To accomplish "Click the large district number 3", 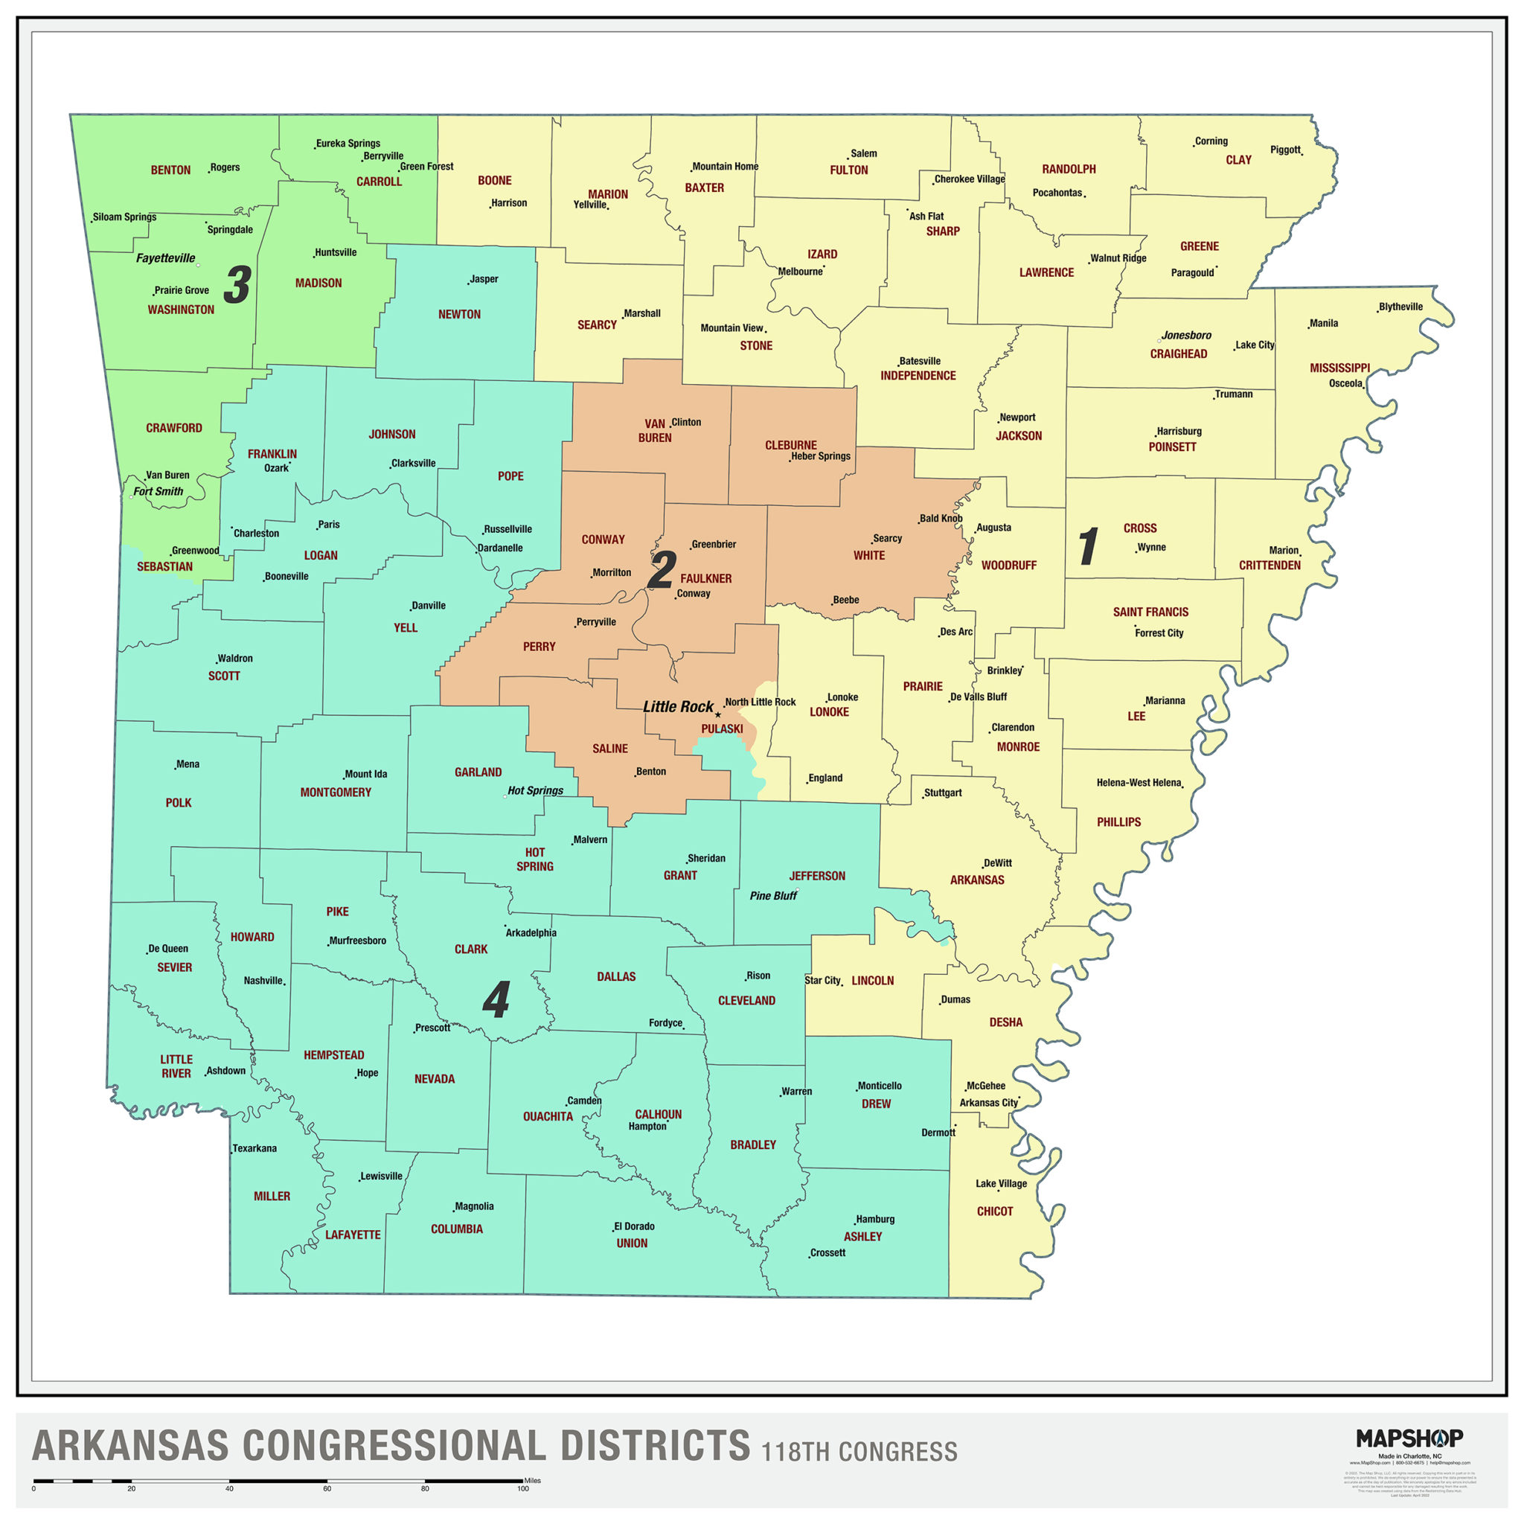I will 237,285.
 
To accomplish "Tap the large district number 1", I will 1088,546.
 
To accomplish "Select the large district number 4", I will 496,1000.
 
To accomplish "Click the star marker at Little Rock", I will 718,714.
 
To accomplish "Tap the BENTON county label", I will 170,170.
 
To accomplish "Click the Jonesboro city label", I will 1185,336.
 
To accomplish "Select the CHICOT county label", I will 994,1211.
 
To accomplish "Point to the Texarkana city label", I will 254,1147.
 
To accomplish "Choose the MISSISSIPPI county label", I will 1339,368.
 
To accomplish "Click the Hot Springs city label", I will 535,790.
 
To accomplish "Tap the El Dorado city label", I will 635,1226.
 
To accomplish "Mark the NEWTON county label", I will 459,314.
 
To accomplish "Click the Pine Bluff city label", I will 773,895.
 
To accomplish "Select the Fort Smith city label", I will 158,490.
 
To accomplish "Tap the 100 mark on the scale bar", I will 522,1488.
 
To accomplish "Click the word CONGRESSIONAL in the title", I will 394,1446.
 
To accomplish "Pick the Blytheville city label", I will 1400,307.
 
